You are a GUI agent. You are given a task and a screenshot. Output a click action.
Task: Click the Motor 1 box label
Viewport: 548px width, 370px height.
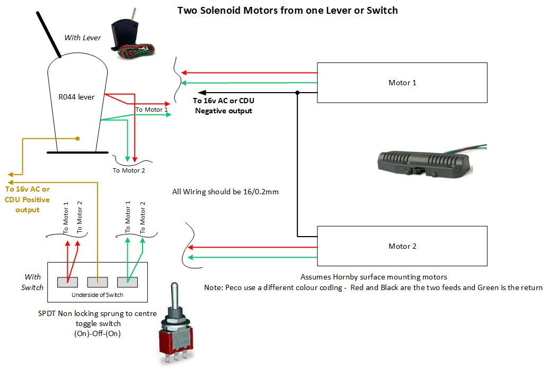[402, 83]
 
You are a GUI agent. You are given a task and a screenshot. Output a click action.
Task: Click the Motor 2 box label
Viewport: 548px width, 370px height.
[402, 246]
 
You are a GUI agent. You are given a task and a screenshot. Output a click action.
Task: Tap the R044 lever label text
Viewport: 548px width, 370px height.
[76, 97]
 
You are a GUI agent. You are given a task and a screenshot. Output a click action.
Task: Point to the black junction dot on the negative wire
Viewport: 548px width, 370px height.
[297, 93]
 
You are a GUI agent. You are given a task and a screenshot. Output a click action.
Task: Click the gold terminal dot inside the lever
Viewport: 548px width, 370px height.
[77, 139]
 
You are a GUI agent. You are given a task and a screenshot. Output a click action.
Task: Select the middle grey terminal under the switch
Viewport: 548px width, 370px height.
[98, 282]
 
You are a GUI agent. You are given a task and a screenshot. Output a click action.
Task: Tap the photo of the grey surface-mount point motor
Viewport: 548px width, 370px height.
[429, 161]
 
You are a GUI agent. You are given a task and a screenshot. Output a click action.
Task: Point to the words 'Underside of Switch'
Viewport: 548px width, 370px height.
[98, 295]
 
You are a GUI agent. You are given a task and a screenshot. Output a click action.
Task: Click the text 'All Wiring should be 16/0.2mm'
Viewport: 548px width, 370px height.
[225, 192]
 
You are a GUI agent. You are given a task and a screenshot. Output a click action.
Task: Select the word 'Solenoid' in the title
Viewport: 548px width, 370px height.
[220, 11]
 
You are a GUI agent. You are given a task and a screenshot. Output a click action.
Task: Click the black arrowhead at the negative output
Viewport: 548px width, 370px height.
[202, 93]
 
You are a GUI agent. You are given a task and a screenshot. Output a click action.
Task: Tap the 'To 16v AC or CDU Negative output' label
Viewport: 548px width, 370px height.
[224, 105]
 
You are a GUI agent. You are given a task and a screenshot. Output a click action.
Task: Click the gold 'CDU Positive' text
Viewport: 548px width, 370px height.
[27, 200]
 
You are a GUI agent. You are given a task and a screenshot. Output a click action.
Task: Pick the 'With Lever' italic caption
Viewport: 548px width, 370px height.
[83, 38]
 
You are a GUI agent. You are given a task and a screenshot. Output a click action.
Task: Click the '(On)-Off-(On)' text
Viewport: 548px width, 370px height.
[98, 333]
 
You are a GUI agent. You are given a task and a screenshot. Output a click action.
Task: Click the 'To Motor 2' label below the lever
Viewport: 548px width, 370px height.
[129, 170]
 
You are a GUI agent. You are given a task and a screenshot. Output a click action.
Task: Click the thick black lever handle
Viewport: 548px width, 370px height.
[49, 34]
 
